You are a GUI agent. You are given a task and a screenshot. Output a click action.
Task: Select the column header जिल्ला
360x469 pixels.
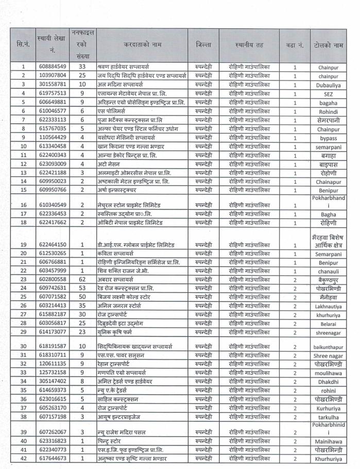tap(203, 45)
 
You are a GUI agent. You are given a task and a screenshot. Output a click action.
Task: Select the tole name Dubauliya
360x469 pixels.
tap(328, 85)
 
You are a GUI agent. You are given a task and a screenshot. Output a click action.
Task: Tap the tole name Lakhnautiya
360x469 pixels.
tap(328, 306)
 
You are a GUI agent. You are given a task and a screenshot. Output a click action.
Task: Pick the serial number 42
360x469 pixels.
tap(23, 458)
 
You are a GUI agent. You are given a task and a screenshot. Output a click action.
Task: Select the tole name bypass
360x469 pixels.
tap(328, 138)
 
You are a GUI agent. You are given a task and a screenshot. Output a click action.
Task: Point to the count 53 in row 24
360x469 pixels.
tap(82, 288)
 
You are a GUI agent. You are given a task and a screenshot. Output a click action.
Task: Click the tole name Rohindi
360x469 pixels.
tap(328, 111)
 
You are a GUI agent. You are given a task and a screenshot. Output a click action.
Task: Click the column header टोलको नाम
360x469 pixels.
tap(328, 45)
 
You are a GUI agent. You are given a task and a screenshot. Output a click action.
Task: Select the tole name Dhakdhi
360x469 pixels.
tap(328, 381)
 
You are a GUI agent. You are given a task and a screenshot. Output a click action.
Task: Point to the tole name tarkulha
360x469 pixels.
tap(328, 417)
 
